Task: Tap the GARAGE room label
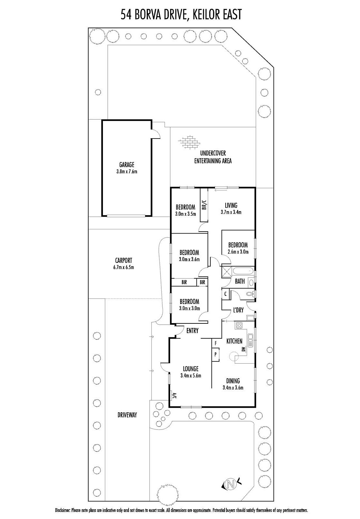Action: (x=127, y=165)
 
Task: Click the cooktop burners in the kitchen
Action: (x=240, y=325)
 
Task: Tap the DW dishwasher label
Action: (x=243, y=349)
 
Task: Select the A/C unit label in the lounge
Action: (x=174, y=396)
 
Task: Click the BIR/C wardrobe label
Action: (x=204, y=205)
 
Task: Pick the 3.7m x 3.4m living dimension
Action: (x=231, y=212)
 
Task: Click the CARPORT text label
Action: (x=123, y=260)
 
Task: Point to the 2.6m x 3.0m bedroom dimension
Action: (x=238, y=251)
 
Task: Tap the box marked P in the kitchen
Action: (x=215, y=354)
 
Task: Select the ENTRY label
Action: (x=192, y=331)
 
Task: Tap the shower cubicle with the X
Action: (x=226, y=272)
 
